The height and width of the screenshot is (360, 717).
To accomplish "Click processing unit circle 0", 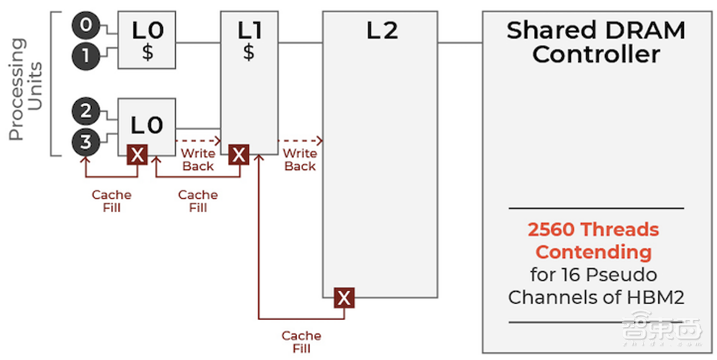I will pyautogui.click(x=85, y=26).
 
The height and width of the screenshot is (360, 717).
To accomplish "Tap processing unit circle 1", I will pyautogui.click(x=85, y=57).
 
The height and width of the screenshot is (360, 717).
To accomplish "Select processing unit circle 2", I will pyautogui.click(x=85, y=111).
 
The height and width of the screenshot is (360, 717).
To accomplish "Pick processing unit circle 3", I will pyautogui.click(x=85, y=142).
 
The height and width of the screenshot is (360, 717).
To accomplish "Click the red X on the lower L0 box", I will pyautogui.click(x=137, y=154).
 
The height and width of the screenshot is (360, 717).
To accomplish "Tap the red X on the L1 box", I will pyautogui.click(x=239, y=154).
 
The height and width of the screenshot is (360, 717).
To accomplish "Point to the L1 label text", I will pyautogui.click(x=249, y=30).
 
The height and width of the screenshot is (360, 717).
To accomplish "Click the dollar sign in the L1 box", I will pyautogui.click(x=249, y=52).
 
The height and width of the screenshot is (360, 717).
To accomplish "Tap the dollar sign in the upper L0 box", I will pyautogui.click(x=147, y=52).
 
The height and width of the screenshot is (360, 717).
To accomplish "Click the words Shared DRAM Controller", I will pyautogui.click(x=596, y=42).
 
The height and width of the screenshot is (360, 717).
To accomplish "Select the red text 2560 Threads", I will pyautogui.click(x=593, y=230).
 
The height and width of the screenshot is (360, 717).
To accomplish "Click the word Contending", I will pyautogui.click(x=594, y=252).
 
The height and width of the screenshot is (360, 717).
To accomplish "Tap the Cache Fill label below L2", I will pyautogui.click(x=300, y=341).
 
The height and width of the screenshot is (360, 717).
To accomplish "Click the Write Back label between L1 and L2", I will pyautogui.click(x=300, y=160).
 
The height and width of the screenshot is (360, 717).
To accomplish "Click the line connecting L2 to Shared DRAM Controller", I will pyautogui.click(x=460, y=42).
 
